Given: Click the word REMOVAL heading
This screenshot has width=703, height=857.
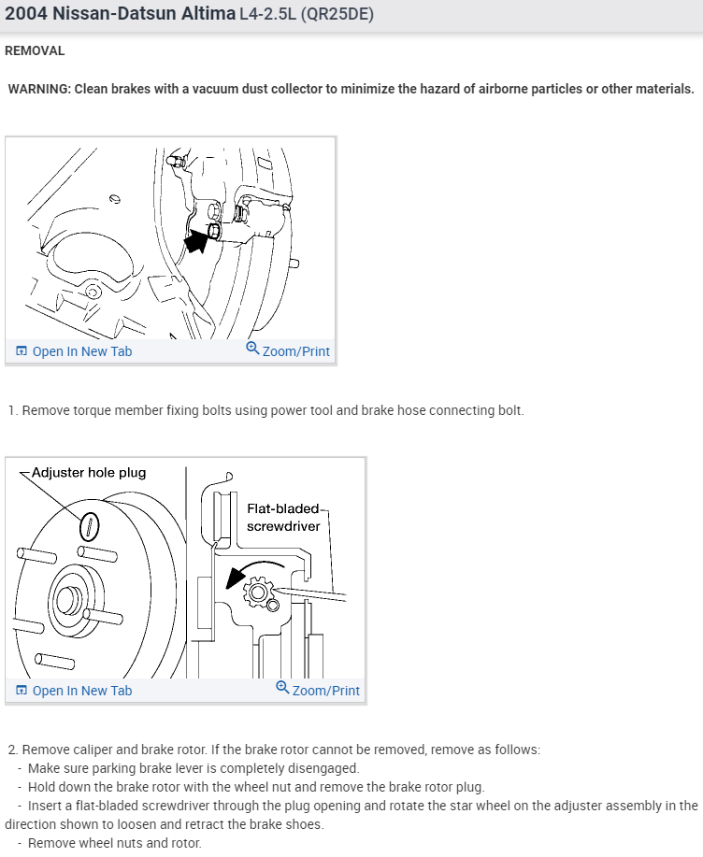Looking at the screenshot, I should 35,50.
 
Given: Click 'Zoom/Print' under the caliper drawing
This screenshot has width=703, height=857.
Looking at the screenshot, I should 295,351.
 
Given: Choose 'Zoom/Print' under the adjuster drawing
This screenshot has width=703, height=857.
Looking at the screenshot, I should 325,691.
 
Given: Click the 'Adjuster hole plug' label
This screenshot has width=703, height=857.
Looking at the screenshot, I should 89,473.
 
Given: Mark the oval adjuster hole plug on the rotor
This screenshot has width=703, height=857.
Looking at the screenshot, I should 90,525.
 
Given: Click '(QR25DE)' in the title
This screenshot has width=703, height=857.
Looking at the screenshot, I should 334,15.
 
